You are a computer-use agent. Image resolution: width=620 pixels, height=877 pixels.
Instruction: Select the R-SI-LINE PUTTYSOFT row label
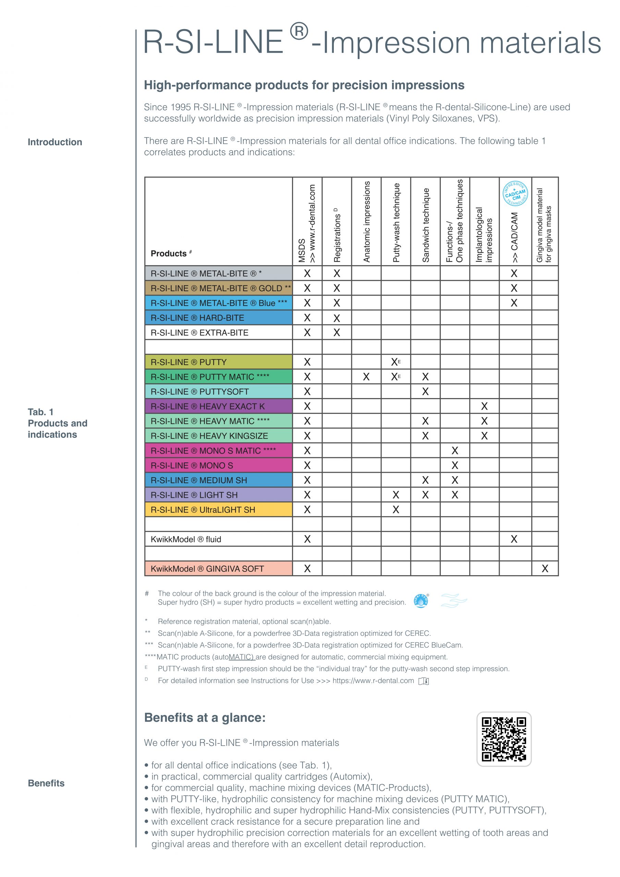tap(199, 392)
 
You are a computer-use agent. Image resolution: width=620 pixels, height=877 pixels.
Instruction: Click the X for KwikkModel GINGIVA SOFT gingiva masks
tap(545, 569)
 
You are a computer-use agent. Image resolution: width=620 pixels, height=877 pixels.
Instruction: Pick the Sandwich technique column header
tap(425, 225)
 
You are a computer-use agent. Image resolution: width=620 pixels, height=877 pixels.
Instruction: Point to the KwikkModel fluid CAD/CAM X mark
tap(514, 539)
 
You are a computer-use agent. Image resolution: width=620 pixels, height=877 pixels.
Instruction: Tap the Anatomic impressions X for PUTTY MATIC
tap(366, 377)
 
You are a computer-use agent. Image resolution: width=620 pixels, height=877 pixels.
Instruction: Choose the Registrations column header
tap(337, 235)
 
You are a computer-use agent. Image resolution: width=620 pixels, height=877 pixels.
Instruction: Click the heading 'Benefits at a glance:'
tap(205, 718)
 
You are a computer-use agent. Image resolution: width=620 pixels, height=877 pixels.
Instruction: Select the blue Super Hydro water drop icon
tap(421, 601)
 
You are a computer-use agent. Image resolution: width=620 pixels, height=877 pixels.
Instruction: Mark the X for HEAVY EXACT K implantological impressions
tap(484, 406)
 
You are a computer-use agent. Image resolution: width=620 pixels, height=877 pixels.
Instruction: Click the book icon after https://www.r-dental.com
tap(424, 681)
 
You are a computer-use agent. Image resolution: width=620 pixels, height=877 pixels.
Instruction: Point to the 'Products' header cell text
tap(169, 254)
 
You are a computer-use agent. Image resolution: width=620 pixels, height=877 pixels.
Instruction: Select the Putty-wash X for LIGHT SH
tap(396, 495)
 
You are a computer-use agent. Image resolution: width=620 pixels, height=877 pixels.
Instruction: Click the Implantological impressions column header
tap(484, 235)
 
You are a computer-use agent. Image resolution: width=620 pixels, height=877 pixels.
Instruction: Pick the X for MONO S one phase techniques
tap(454, 465)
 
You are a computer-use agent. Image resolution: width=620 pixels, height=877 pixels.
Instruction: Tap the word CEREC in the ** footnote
tap(418, 633)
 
